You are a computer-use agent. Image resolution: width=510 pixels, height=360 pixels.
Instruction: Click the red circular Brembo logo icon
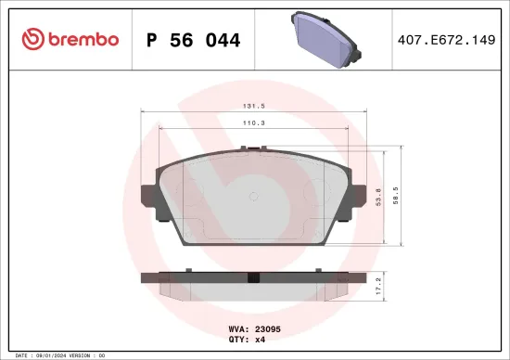(x=30, y=39)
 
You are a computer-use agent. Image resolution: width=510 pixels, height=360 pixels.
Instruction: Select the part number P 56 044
(x=194, y=40)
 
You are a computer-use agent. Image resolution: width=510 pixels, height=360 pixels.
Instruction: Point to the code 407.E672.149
(x=447, y=40)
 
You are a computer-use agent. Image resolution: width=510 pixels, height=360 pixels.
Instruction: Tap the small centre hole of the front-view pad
(x=253, y=195)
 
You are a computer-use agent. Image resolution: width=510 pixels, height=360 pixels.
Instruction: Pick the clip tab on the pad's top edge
(x=248, y=148)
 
